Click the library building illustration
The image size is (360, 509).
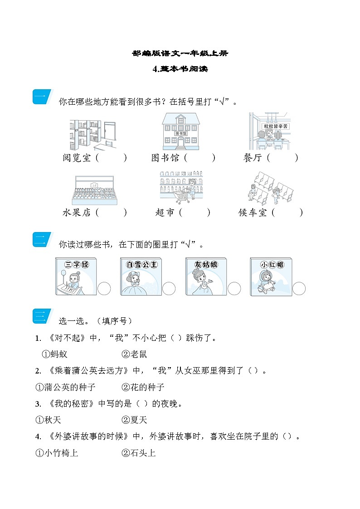coord(181,131)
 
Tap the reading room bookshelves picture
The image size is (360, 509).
coord(93,135)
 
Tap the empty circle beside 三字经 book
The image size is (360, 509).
coord(104,289)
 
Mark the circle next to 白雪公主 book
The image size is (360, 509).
coord(169,289)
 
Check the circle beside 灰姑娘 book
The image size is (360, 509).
coord(234,289)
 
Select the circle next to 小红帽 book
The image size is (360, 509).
coord(299,289)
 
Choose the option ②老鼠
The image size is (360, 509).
coord(134,354)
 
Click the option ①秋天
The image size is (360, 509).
coord(49,420)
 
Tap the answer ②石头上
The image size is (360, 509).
coord(139,453)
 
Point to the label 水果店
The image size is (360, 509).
coord(77,212)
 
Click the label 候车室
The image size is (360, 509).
coord(253,212)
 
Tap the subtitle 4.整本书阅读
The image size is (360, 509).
coord(180,69)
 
